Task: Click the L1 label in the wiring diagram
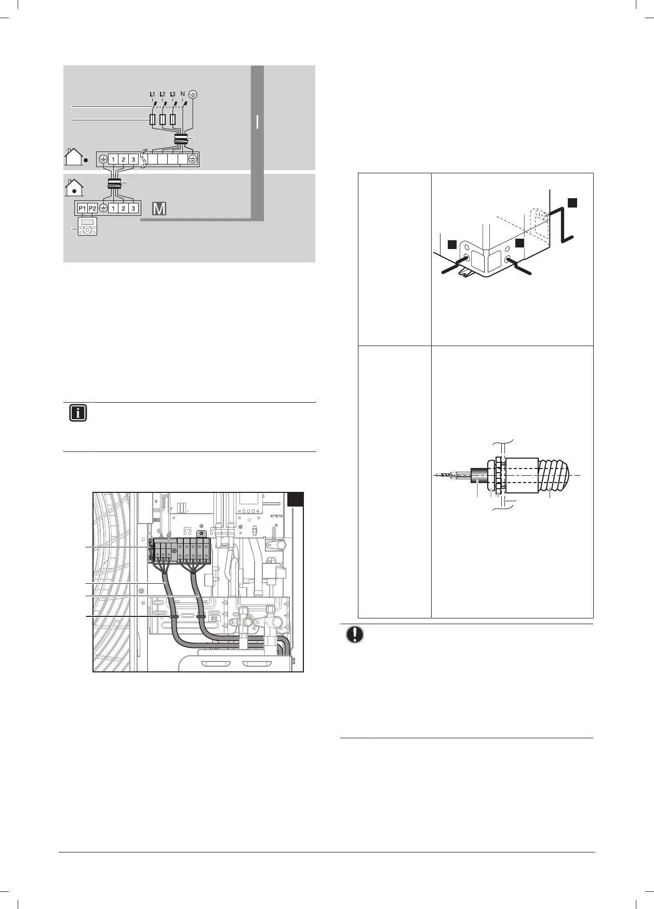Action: point(152,94)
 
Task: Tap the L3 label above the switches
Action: point(173,94)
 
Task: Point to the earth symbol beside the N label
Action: point(193,94)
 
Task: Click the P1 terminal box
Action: point(82,208)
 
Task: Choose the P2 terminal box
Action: point(92,208)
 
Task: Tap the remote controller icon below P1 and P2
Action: point(87,227)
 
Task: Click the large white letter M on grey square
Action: point(159,209)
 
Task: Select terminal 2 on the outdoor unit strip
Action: point(123,159)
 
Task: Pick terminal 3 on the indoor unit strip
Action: point(134,208)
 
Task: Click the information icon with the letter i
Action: point(77,414)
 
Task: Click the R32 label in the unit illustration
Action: point(213,618)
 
